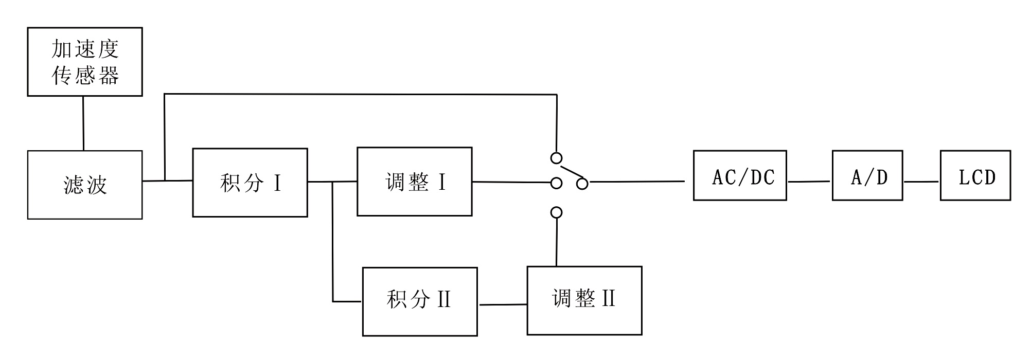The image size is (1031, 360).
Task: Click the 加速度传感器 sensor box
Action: (x=85, y=62)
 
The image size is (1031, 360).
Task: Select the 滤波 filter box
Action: (x=85, y=185)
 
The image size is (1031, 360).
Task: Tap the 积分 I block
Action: (x=250, y=183)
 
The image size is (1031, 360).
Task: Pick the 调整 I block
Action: (x=415, y=182)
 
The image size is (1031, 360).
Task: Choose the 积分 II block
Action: (x=420, y=301)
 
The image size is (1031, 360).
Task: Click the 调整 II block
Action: (x=584, y=300)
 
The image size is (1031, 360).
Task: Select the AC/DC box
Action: (x=740, y=175)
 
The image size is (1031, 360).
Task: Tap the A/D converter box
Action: (x=867, y=175)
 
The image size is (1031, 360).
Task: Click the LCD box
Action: (x=975, y=175)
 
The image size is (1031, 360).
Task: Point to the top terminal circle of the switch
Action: (x=556, y=158)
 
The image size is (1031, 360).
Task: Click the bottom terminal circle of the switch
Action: (x=556, y=212)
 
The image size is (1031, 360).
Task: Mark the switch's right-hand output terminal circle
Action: (x=582, y=184)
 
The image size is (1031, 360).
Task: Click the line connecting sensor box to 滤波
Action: (x=83, y=123)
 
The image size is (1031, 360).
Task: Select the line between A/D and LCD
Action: (x=921, y=182)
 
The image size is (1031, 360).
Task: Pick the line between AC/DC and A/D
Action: (x=809, y=182)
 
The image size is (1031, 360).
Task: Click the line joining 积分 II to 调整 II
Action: (x=502, y=304)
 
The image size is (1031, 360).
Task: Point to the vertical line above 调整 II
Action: (x=556, y=242)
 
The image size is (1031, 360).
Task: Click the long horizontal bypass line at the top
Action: (x=360, y=94)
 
